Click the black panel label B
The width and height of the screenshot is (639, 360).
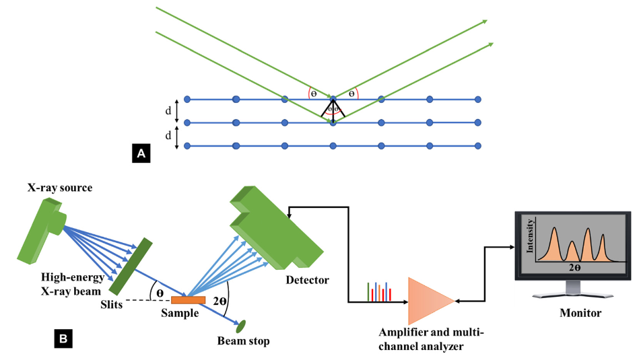pyautogui.click(x=63, y=338)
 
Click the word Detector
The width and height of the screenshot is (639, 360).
pyautogui.click(x=306, y=279)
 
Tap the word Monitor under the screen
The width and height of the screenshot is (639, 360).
pyautogui.click(x=580, y=313)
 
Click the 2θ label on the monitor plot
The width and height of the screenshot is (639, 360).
pyautogui.click(x=573, y=268)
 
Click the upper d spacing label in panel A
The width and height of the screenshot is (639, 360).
pyautogui.click(x=168, y=110)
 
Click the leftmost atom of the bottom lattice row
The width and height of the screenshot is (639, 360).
pyautogui.click(x=187, y=145)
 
